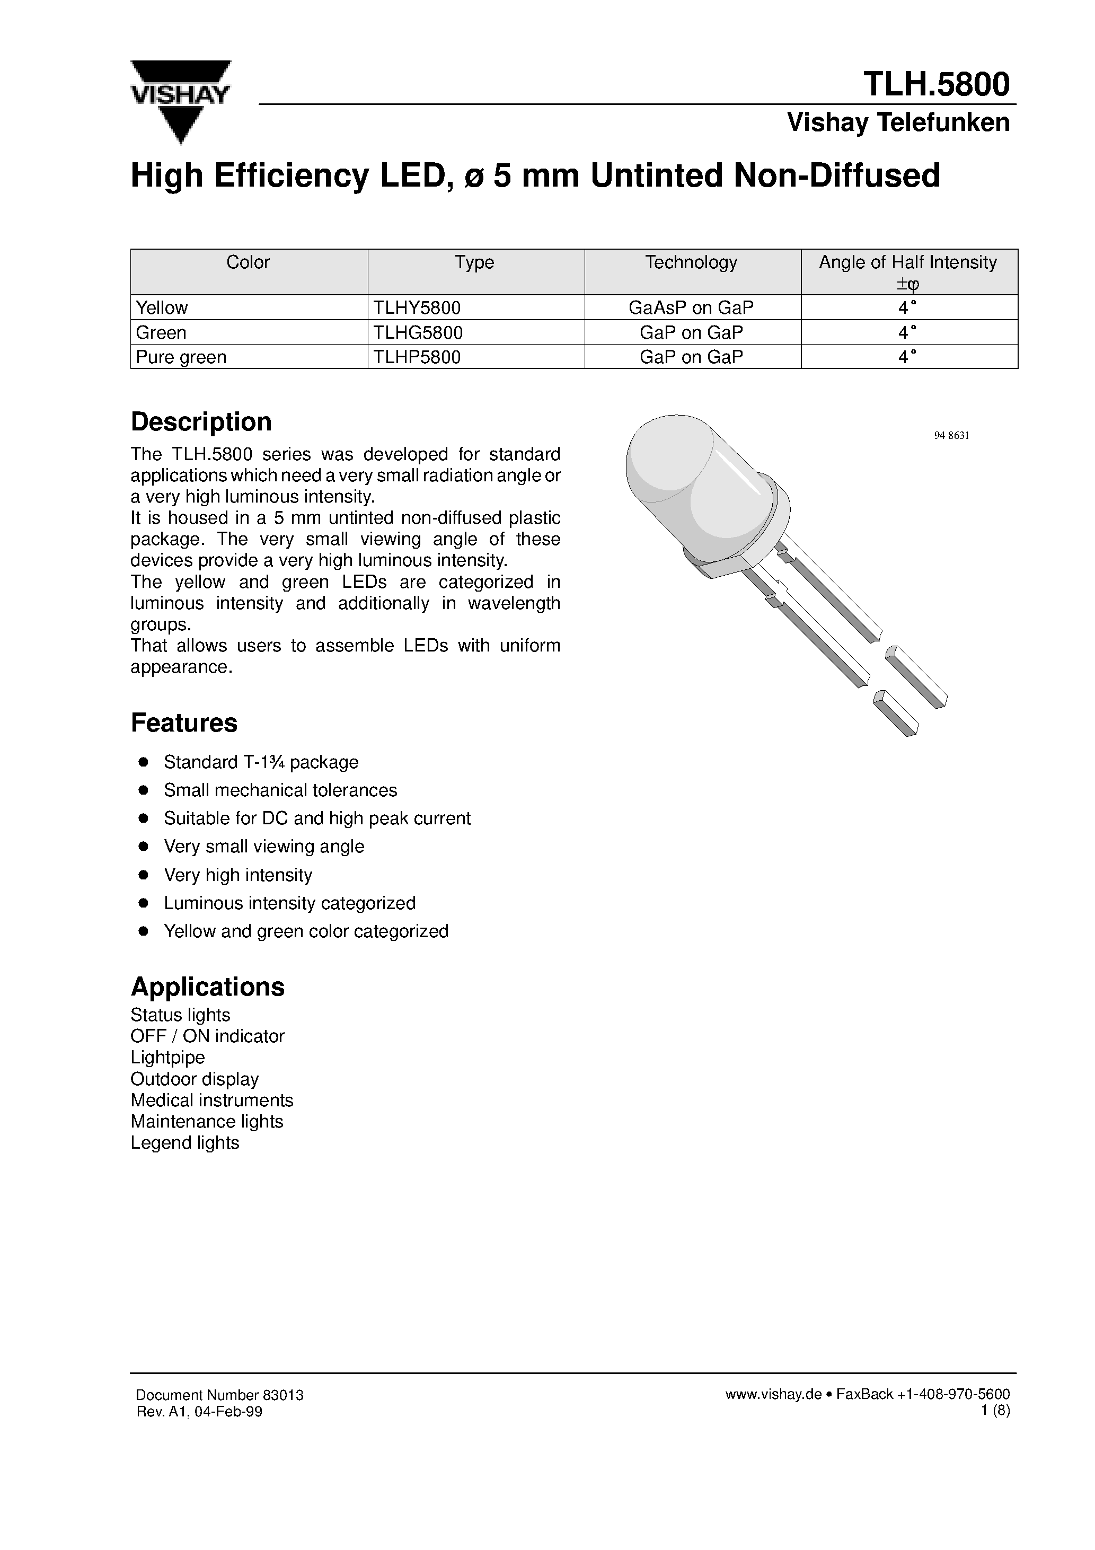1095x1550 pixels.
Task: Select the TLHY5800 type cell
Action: tap(417, 308)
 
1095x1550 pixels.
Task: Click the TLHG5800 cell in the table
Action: tap(418, 332)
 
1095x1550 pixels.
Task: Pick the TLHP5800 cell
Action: tap(417, 357)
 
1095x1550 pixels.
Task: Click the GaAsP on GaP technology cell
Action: tap(691, 308)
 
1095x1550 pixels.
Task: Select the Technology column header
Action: tap(691, 262)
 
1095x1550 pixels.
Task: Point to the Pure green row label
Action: tap(181, 357)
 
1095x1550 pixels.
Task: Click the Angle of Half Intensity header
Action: tap(907, 262)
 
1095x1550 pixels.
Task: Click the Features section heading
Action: tap(183, 723)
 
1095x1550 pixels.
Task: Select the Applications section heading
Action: tap(207, 987)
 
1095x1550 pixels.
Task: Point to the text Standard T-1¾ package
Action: tap(261, 762)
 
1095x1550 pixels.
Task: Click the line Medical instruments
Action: tap(211, 1100)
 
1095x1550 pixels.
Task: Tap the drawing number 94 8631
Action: tap(951, 435)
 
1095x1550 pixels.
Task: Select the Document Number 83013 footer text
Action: tap(219, 1395)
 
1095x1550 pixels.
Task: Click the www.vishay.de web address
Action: tap(773, 1395)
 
